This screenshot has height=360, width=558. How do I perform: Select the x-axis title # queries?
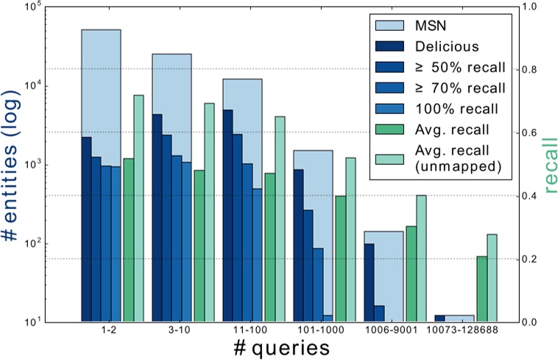(x=278, y=347)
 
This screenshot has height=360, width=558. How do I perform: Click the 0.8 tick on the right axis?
(x=528, y=70)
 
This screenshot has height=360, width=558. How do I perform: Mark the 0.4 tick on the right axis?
(x=528, y=196)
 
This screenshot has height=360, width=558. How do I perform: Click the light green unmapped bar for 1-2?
(x=138, y=208)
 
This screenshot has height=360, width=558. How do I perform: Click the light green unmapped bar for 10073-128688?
(x=492, y=278)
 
